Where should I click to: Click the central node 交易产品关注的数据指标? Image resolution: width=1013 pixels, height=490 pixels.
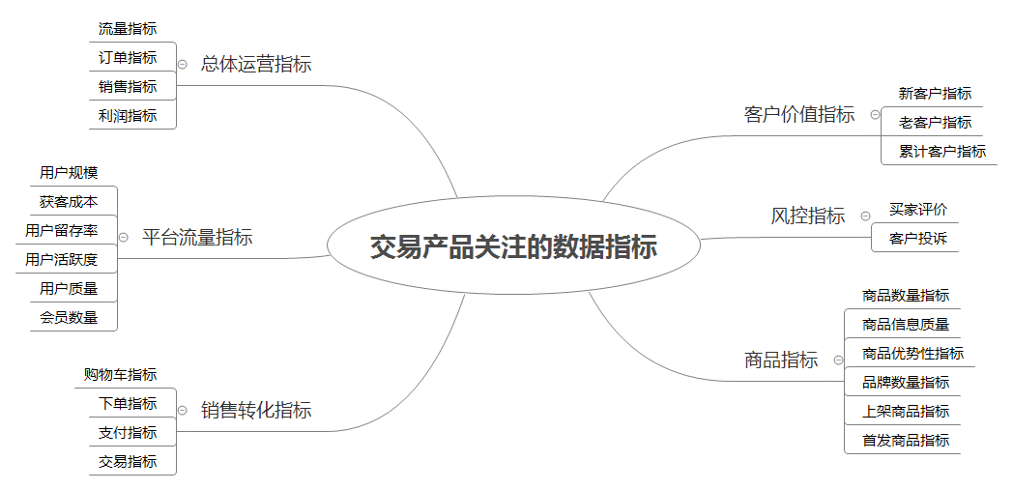(513, 246)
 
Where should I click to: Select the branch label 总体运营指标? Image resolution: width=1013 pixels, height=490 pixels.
(256, 64)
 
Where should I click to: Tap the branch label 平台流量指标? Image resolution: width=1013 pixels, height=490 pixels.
(197, 237)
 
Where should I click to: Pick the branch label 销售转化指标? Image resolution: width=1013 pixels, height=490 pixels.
(256, 410)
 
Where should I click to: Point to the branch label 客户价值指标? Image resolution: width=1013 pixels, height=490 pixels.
(799, 114)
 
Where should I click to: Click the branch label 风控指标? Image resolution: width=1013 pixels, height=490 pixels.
(807, 216)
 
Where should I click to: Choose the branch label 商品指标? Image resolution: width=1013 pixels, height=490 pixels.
(781, 360)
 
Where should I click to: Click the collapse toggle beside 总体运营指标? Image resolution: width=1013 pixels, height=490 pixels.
(183, 64)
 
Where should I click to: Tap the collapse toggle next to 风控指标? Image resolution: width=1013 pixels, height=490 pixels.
(866, 216)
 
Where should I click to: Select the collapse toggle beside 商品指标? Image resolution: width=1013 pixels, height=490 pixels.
(839, 360)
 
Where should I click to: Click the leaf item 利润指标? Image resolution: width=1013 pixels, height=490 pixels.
(128, 116)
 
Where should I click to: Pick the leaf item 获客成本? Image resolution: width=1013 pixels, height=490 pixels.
(69, 202)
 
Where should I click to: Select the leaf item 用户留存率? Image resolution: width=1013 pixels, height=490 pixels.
(61, 230)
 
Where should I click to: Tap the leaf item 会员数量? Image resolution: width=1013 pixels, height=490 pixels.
(69, 317)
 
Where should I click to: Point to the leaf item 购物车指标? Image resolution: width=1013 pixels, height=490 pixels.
(120, 374)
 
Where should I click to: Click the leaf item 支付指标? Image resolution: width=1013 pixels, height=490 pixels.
(128, 433)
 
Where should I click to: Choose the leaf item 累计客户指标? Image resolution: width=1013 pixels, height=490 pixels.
(942, 152)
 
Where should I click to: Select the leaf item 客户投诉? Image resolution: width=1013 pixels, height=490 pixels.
(918, 238)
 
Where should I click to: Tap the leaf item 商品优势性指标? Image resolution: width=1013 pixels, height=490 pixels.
(912, 353)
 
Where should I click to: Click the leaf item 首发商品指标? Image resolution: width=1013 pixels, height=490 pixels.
(906, 441)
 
